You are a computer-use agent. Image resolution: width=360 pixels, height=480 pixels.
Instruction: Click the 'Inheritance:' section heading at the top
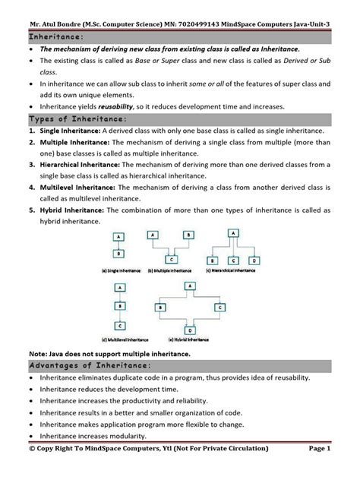[58, 36]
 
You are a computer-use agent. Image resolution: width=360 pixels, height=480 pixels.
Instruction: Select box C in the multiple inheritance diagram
[173, 259]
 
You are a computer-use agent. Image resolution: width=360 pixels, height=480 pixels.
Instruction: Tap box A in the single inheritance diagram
[118, 237]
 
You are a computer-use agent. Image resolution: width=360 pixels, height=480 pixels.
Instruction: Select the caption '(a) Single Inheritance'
[118, 270]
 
